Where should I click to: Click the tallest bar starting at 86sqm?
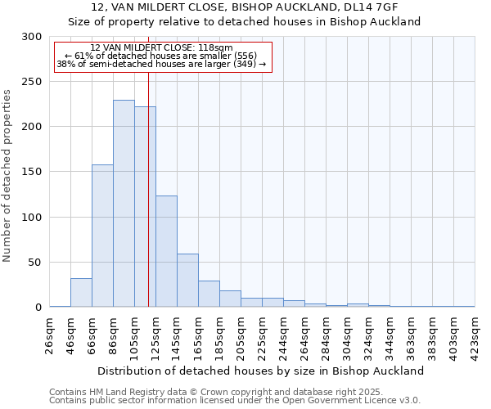coord(124,204)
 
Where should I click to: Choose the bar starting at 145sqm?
coord(187,281)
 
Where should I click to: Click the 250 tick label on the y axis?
coord(31,82)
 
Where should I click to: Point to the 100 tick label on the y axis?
coord(31,218)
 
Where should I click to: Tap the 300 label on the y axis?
coord(31,37)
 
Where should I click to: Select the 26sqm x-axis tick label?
coord(49,336)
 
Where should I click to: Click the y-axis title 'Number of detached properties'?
coord(7,176)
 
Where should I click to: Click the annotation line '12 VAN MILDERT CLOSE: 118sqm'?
coord(161,47)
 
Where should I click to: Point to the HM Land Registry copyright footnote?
coord(216,392)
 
